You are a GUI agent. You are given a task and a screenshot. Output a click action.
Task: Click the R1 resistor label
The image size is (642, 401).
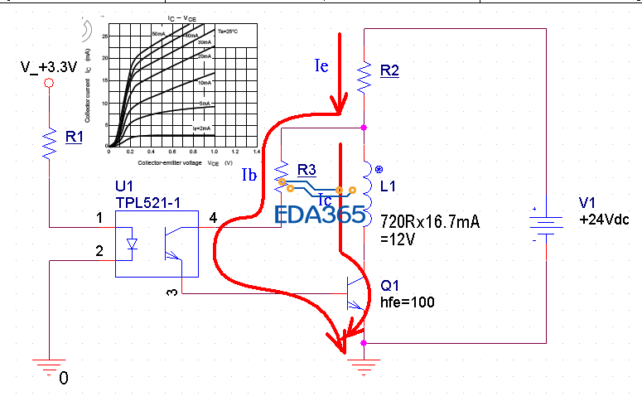point(75,138)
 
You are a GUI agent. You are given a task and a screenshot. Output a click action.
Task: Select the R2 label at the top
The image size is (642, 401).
point(389,71)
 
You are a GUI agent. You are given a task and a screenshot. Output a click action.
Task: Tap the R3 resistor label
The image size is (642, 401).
point(307,170)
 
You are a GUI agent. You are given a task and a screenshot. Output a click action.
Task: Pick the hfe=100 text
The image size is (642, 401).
point(408,302)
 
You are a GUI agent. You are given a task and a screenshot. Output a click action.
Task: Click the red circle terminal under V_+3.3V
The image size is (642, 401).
point(49,84)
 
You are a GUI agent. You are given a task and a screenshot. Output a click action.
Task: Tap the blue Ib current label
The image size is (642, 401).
point(250,175)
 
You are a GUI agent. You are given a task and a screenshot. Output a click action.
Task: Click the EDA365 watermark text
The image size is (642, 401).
point(320,215)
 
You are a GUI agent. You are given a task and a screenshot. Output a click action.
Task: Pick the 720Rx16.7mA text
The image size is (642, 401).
point(430,221)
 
